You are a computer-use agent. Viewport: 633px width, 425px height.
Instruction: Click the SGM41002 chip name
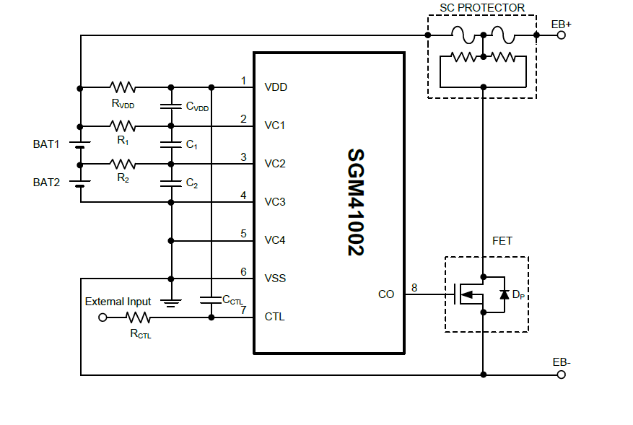coord(355,202)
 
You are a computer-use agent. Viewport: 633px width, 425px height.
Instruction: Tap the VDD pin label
coord(276,87)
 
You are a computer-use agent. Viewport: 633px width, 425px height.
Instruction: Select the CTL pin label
coord(275,316)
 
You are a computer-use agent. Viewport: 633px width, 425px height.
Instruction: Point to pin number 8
coord(414,288)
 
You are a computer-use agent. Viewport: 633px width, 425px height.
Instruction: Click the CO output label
coord(386,294)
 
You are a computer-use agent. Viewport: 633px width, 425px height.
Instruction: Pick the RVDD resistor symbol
coord(123,87)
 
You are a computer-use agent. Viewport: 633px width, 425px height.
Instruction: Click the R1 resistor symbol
coord(123,126)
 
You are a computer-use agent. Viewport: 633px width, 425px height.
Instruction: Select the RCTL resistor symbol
coord(138,317)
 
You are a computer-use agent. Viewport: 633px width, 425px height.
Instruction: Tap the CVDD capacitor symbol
coord(171,106)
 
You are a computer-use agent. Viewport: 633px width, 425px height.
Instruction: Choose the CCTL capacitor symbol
coord(211,297)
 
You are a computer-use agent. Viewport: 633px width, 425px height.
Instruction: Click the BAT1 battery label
coord(47,144)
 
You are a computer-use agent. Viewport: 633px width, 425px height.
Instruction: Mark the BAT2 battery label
coord(47,183)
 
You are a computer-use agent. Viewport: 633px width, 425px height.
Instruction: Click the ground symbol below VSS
coord(171,302)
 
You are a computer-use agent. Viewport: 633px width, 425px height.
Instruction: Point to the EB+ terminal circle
coord(561,35)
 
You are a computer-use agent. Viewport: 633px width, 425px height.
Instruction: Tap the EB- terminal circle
coord(561,374)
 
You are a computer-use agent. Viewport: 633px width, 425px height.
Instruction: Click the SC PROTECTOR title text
coord(482,8)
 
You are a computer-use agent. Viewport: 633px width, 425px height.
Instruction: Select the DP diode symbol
coord(504,294)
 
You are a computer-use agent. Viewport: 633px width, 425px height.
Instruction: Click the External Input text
coord(118,302)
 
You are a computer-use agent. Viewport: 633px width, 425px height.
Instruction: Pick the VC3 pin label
coord(275,202)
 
